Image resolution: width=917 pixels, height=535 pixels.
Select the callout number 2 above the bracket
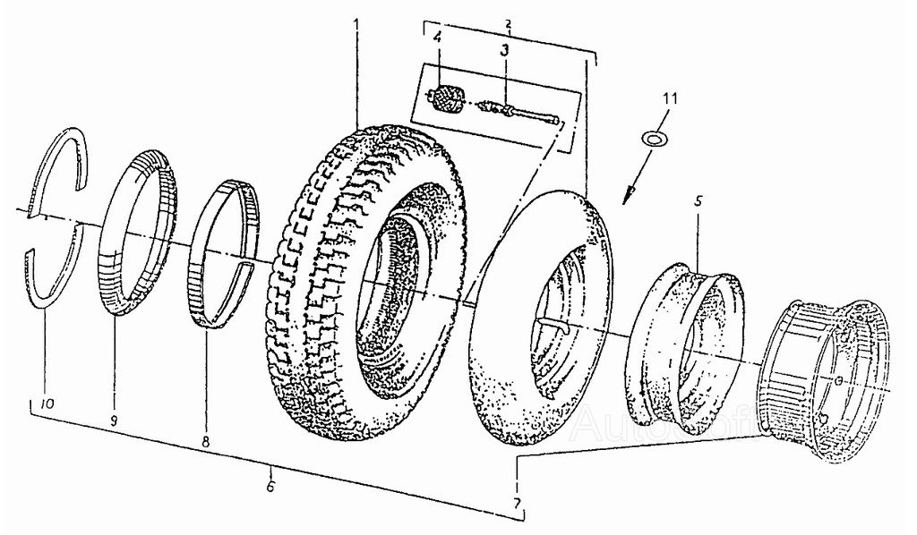pyautogui.click(x=507, y=21)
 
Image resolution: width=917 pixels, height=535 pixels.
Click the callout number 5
pyautogui.click(x=698, y=202)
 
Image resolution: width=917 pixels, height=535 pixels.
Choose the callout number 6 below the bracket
pyautogui.click(x=270, y=486)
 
